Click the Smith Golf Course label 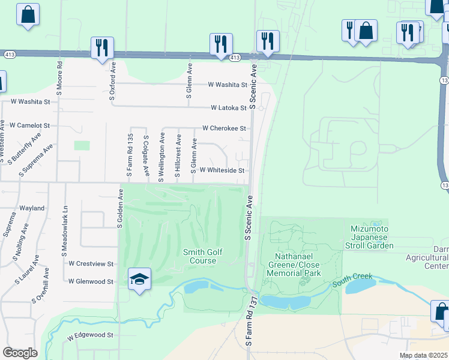pos(203,256)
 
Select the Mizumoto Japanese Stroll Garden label pos(372,237)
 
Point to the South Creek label pos(352,278)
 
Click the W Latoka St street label pos(229,108)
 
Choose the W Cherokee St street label pos(224,128)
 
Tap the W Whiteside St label pos(221,170)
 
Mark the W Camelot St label pos(29,125)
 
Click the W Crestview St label pos(91,263)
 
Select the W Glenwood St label pos(91,281)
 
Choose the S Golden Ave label pos(120,208)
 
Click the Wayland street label pos(31,208)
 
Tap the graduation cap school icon pos(139,279)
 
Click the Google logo pos(20,353)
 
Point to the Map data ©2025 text pos(423,355)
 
